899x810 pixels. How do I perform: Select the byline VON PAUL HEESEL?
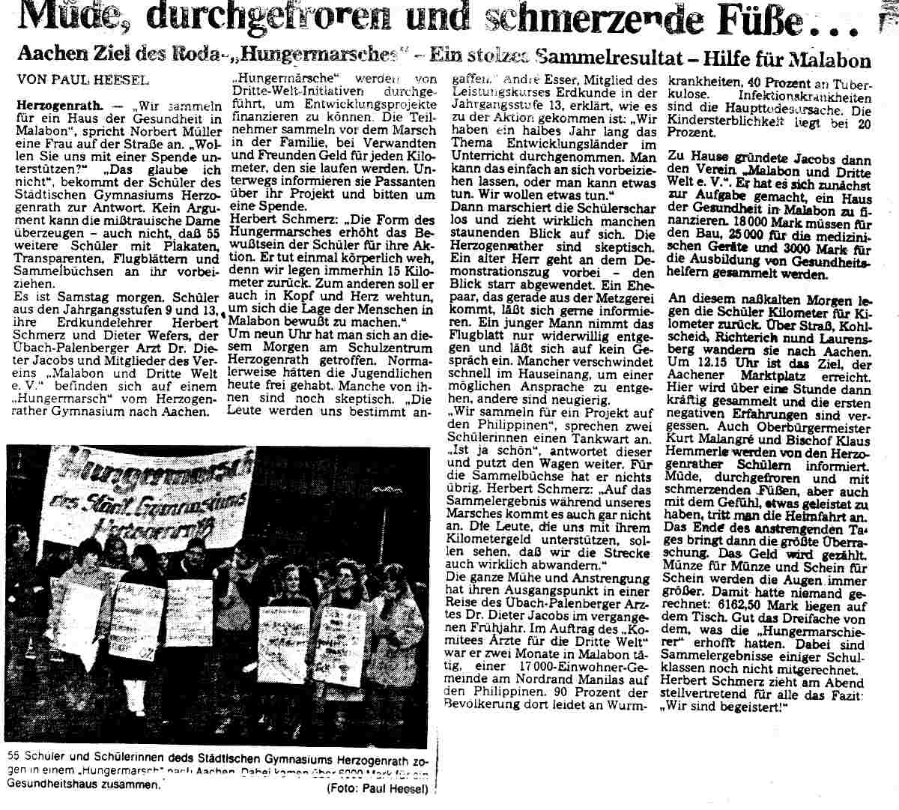click(x=82, y=79)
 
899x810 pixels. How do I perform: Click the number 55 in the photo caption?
click(x=12, y=755)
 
